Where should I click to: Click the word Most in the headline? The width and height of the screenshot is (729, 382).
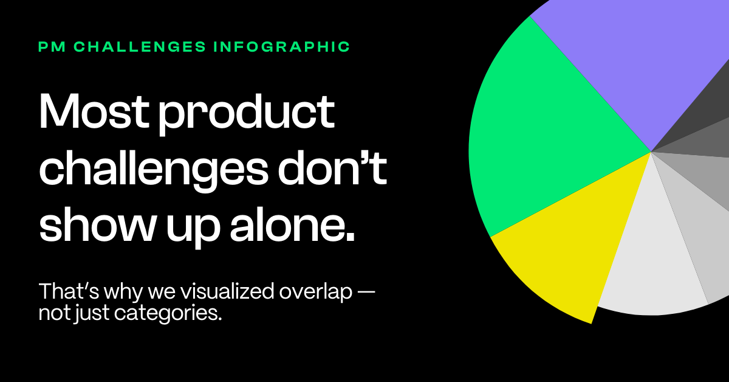(x=94, y=111)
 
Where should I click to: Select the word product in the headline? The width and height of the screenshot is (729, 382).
(x=247, y=114)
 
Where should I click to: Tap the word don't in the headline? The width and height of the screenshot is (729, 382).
(x=332, y=167)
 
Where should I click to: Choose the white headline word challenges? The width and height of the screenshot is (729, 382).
(x=154, y=171)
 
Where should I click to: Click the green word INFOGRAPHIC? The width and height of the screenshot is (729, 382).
(x=281, y=47)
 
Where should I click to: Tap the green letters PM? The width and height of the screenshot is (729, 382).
(x=52, y=47)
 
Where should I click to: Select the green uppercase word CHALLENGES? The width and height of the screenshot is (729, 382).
(x=140, y=47)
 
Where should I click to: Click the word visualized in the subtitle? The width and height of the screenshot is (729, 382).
(x=227, y=291)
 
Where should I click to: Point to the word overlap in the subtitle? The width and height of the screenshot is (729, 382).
(x=316, y=292)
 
